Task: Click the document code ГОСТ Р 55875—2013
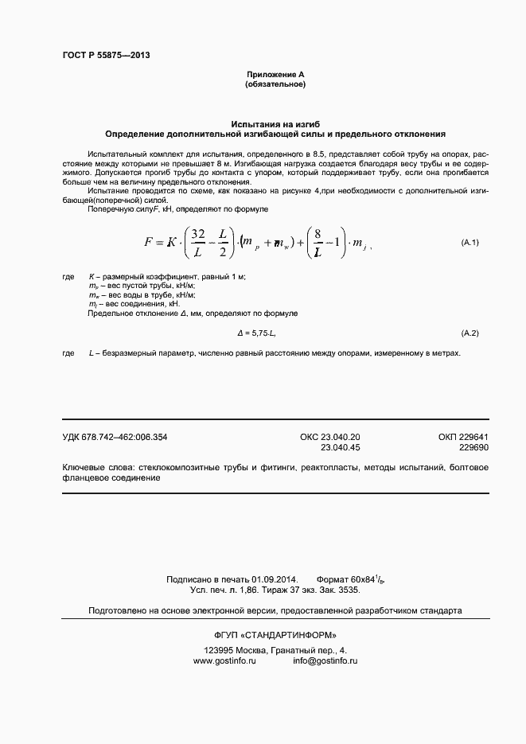coord(106,56)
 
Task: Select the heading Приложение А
coord(275,74)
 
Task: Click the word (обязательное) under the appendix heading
coord(275,84)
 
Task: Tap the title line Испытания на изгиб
coord(275,125)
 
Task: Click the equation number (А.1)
coord(471,241)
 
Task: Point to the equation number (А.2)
coord(471,331)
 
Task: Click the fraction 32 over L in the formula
coord(199,243)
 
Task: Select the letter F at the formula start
coord(149,242)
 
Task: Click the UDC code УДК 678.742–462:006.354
coord(115,437)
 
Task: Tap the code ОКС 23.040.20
coord(329,437)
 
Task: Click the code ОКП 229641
coord(463,437)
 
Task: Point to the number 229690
coord(473,448)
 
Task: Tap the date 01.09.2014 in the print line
coord(275,579)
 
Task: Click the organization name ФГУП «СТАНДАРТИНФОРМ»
coord(275,635)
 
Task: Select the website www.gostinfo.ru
coord(224,660)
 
